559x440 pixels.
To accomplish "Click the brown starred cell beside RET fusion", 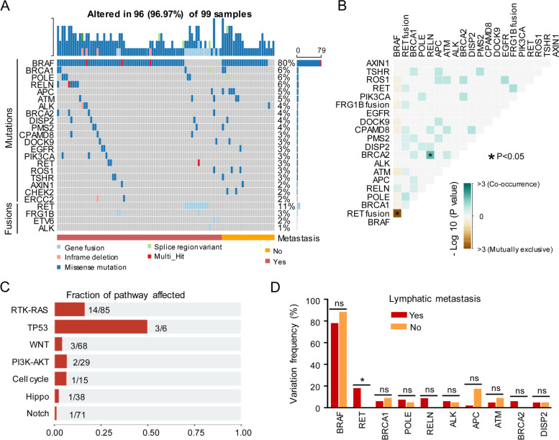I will [396, 213].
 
